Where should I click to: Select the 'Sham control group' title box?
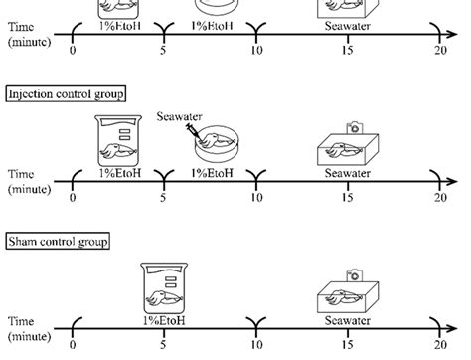click(57, 241)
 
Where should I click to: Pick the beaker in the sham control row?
click(164, 286)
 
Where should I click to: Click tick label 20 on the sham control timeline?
click(439, 347)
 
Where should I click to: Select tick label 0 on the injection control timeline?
click(72, 199)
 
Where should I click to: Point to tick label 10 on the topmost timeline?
click(256, 50)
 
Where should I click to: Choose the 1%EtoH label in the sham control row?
click(164, 320)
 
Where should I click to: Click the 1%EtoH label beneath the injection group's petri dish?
click(211, 173)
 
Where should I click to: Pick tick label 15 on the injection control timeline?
click(348, 199)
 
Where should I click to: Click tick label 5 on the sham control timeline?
click(164, 347)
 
